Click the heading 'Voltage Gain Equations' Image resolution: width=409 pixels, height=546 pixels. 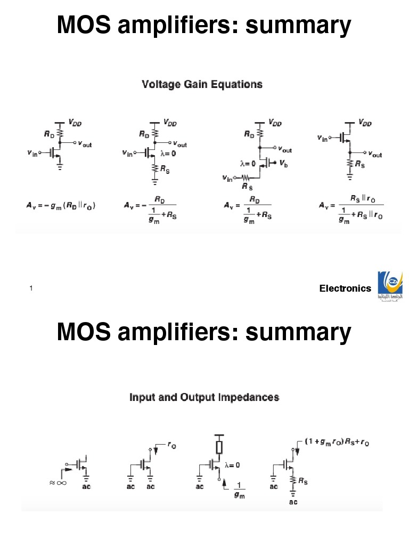tap(202, 84)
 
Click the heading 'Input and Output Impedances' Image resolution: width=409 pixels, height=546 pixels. tap(204, 397)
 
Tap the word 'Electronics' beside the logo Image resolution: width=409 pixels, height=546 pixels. tap(345, 288)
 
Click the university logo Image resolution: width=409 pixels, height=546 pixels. tap(390, 287)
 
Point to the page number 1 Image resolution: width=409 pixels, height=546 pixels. tap(31, 288)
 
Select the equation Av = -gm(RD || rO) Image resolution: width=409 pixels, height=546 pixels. tap(62, 205)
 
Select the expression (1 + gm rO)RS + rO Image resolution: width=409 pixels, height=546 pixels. tap(338, 442)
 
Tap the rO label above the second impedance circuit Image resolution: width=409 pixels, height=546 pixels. tap(172, 446)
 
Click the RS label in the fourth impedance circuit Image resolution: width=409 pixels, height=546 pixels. tap(302, 481)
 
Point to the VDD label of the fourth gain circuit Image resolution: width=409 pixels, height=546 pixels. tap(365, 123)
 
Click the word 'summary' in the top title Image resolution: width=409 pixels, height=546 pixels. tap(298, 26)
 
